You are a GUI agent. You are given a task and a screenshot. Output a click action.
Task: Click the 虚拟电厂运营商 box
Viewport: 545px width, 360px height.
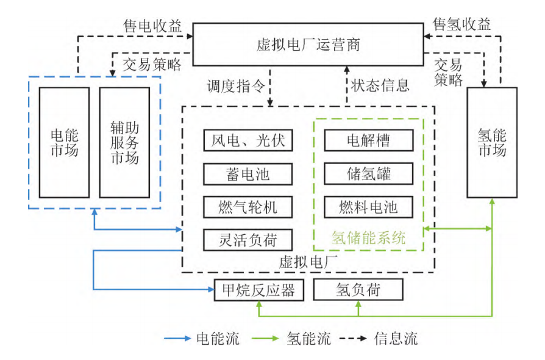click(x=308, y=45)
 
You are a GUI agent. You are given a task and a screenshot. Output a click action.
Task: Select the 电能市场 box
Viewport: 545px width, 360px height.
click(x=64, y=142)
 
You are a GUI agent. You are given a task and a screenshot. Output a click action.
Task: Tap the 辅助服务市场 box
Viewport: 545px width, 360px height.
click(x=124, y=142)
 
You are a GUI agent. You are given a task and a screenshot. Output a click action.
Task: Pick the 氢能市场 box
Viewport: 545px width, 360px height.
click(x=492, y=142)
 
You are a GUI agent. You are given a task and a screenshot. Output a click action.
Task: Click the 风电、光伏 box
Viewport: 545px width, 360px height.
click(x=244, y=141)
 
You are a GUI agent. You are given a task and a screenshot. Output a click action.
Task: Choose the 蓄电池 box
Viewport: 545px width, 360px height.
click(x=244, y=174)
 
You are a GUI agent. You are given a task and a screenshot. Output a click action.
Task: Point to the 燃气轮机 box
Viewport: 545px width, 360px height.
click(x=244, y=206)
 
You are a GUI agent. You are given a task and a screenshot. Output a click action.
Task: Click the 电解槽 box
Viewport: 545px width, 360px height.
click(x=368, y=141)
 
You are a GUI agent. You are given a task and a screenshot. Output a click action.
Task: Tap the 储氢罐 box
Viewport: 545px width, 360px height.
click(x=368, y=174)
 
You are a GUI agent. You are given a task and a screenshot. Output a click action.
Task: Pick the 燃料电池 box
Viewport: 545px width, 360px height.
click(x=368, y=206)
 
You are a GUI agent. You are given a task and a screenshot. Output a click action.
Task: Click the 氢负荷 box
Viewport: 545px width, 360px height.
click(x=358, y=290)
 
